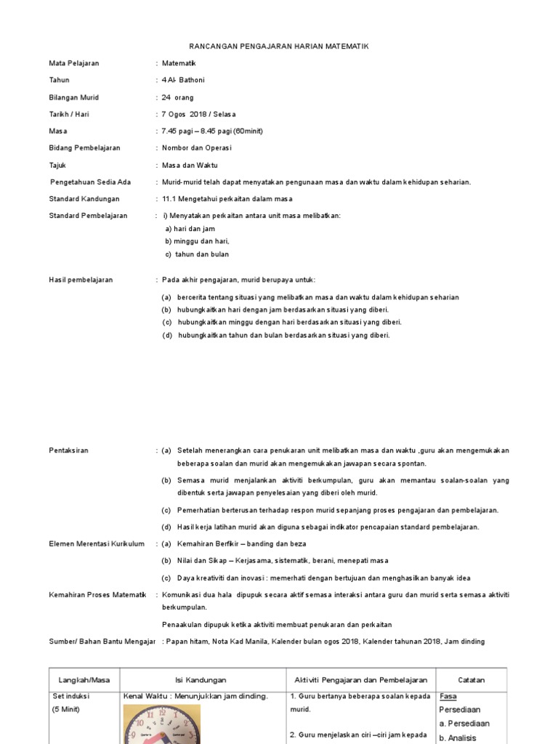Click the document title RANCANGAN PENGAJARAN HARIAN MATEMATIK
pos(279,46)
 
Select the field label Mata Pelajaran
pos(74,63)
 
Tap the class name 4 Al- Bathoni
pos(185,81)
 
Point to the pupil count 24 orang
pos(177,97)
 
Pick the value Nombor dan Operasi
pos(196,147)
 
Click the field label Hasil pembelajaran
pos(81,280)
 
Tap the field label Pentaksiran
pos(68,450)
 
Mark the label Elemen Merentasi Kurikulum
pos(97,543)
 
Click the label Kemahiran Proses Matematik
pos(97,595)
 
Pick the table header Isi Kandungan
pos(201,680)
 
